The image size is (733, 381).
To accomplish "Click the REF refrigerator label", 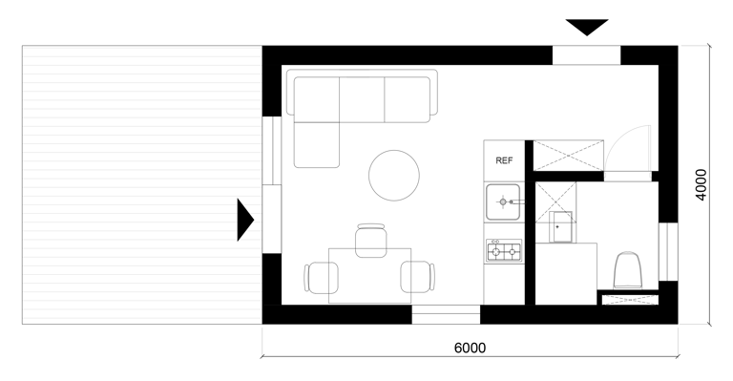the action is click(x=504, y=160).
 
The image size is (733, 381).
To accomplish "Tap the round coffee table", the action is click(x=394, y=176).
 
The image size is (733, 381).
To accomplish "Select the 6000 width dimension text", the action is click(x=470, y=348).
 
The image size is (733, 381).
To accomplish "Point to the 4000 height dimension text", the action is click(x=701, y=184).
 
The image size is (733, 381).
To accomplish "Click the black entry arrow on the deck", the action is click(x=245, y=220).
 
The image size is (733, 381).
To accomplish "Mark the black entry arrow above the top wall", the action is click(x=587, y=27).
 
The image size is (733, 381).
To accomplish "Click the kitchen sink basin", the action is click(x=503, y=201).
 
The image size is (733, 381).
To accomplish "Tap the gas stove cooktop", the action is click(x=504, y=251).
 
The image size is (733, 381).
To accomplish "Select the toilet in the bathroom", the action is click(x=627, y=270).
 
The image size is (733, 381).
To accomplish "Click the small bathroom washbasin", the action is click(x=560, y=226).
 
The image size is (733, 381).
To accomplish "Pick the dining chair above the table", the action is click(x=371, y=240).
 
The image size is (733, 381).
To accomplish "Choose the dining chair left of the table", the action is click(x=321, y=277).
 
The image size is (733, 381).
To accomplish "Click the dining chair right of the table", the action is click(x=418, y=277).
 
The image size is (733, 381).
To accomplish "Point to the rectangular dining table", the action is click(x=369, y=276).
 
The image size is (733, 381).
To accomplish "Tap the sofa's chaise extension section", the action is click(x=317, y=145).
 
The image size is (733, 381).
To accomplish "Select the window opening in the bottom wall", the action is click(x=446, y=314).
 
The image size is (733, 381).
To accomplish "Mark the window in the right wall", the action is click(x=668, y=252).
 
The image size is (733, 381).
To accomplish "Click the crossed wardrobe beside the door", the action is click(x=569, y=156).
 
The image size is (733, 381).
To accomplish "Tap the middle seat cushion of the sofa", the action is click(x=362, y=99).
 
